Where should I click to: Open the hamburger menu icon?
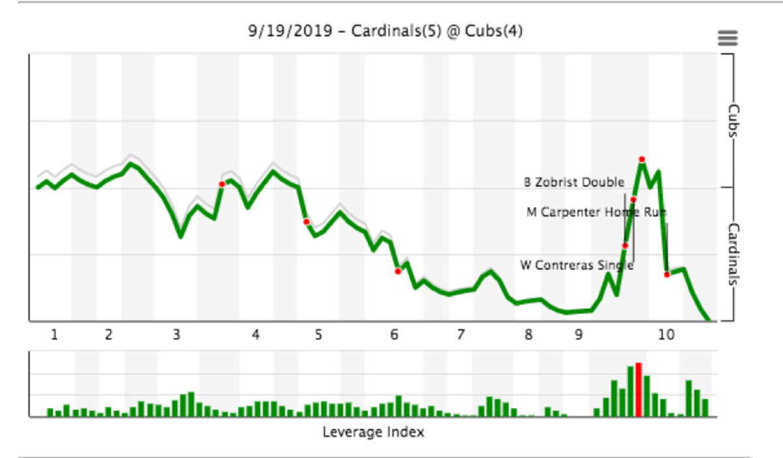728,37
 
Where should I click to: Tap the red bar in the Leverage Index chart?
639,390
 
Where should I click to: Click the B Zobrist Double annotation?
574,182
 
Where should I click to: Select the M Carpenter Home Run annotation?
596,212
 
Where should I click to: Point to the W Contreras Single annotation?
576,265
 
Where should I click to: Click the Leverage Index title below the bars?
373,433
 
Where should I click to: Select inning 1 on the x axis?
55,335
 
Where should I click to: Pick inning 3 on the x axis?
176,335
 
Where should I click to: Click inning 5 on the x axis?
318,335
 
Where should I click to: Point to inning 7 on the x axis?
461,335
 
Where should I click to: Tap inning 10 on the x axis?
666,335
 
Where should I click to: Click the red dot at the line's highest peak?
642,159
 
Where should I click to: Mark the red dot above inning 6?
397,271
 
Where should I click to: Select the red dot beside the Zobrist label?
633,199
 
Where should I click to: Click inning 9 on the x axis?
579,335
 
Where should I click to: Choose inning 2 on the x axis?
108,335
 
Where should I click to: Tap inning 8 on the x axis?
528,335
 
